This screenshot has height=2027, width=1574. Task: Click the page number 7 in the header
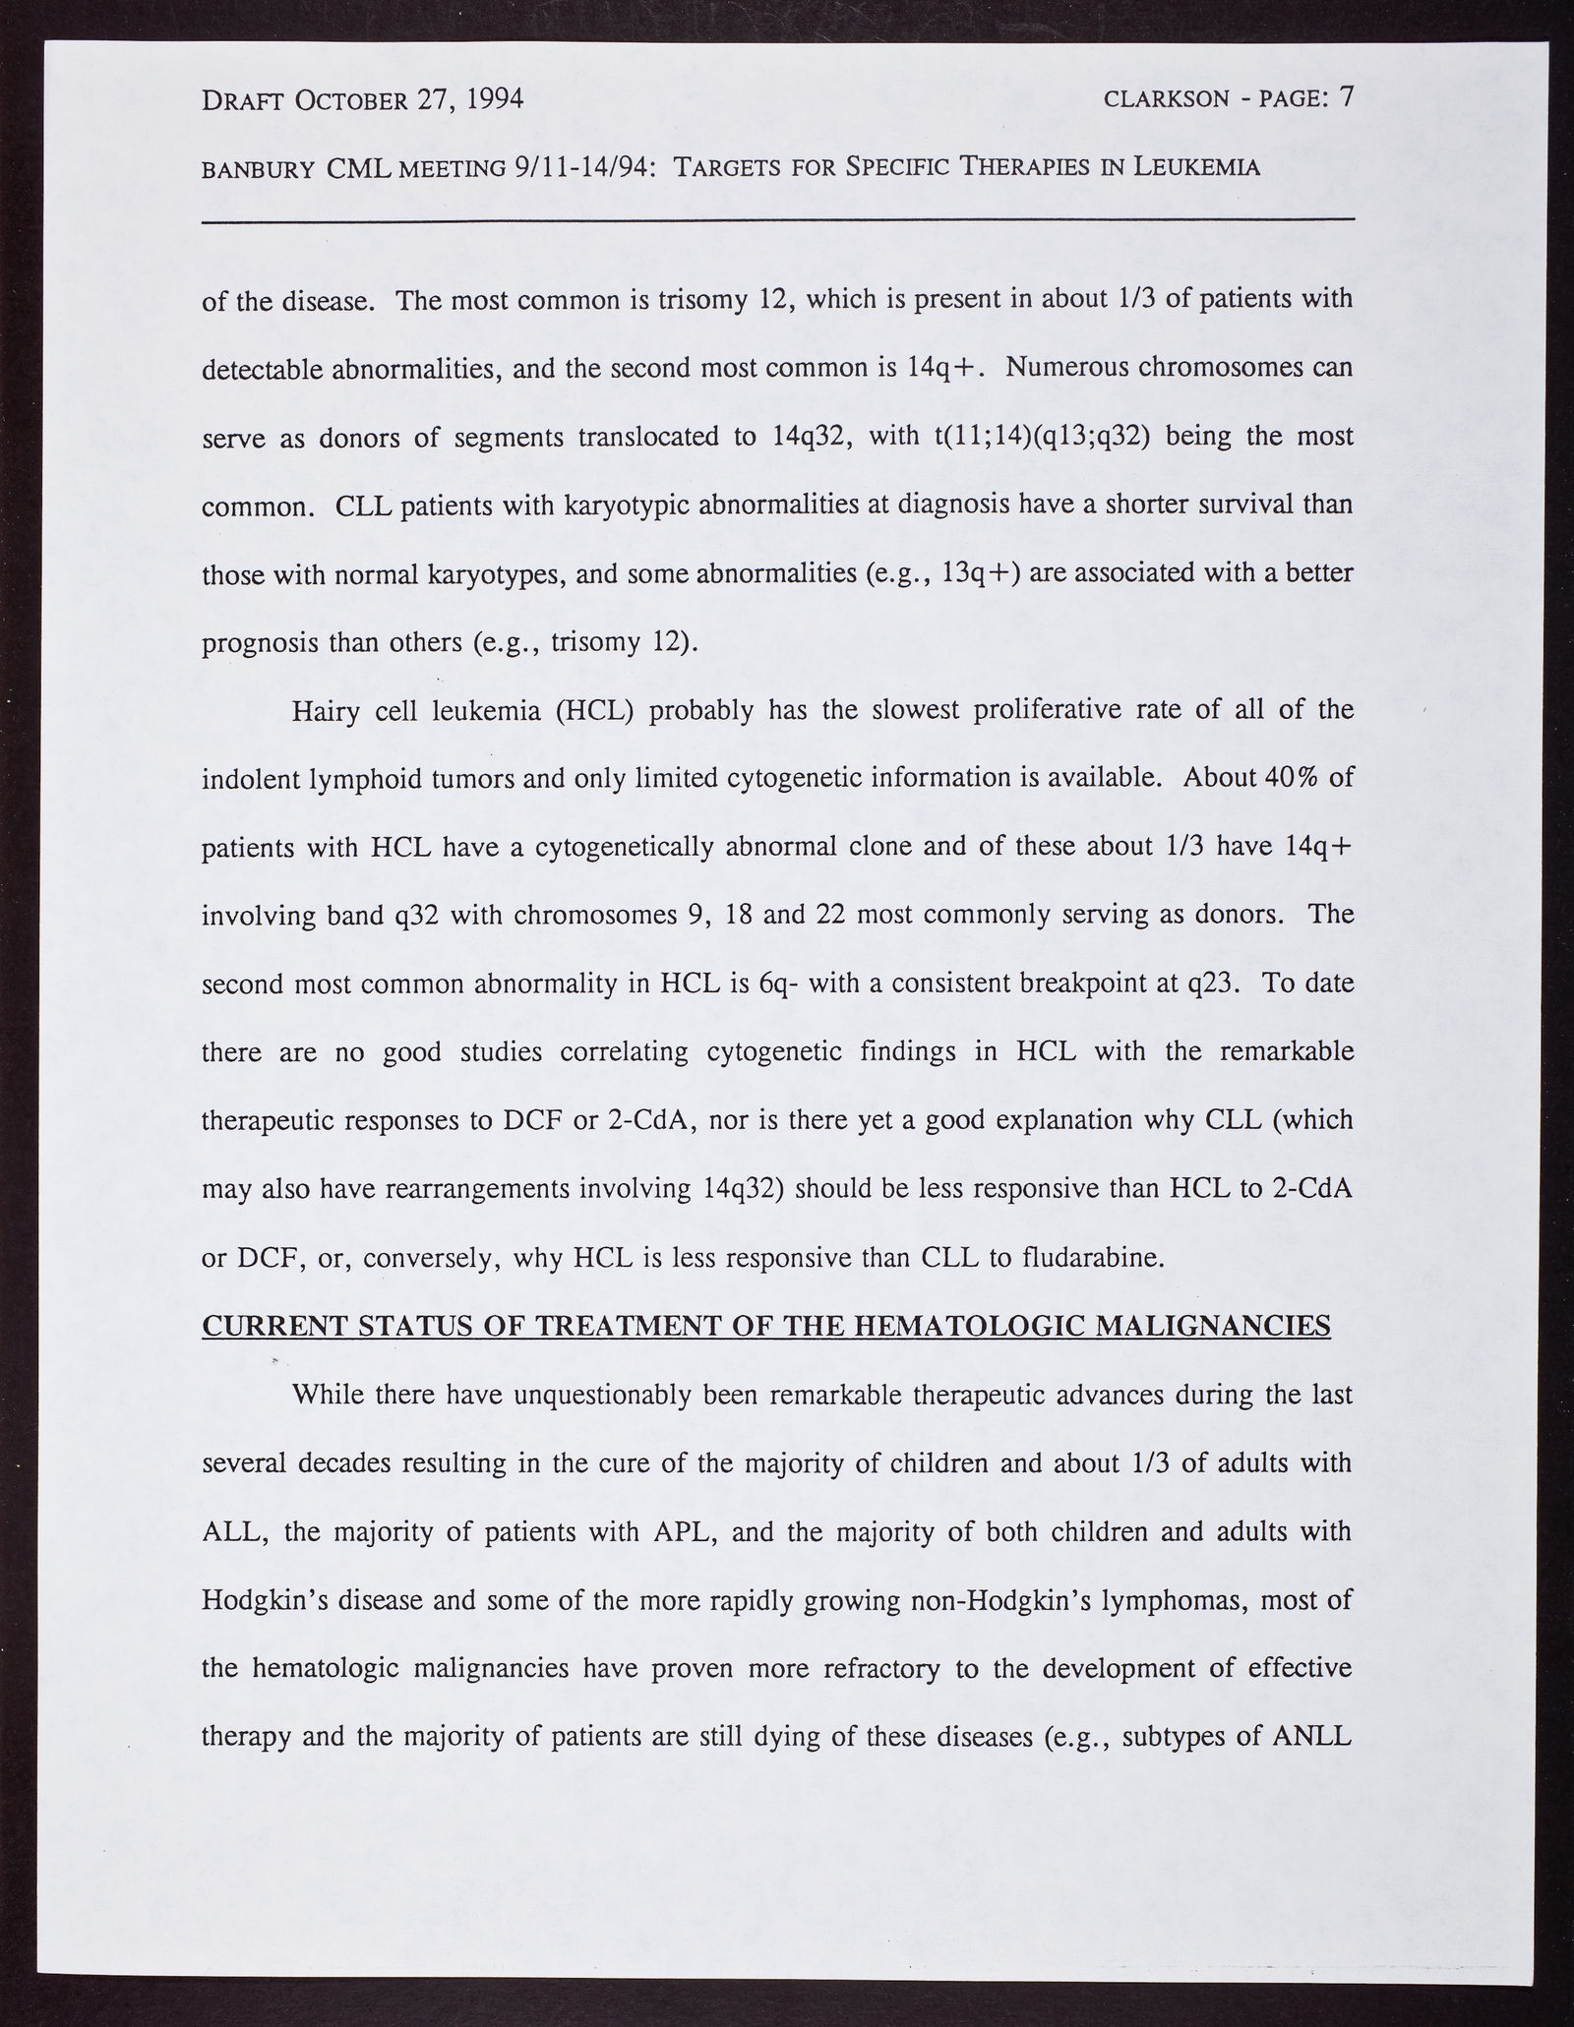click(x=1346, y=96)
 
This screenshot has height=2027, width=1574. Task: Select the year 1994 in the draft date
click(x=488, y=99)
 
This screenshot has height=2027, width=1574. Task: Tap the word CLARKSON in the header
click(x=1168, y=99)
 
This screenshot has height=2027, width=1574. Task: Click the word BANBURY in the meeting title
click(x=258, y=168)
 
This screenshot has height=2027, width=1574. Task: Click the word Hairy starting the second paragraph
click(x=326, y=710)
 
